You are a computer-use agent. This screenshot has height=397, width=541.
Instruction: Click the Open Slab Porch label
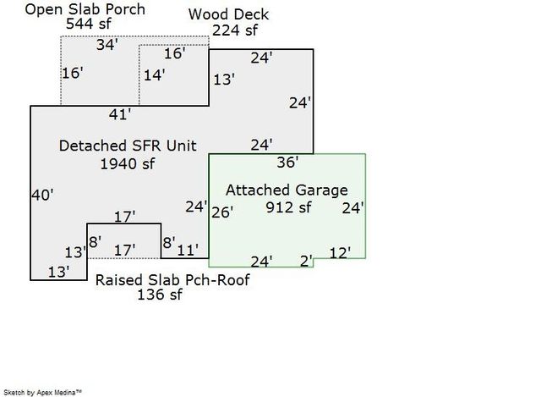[85, 9]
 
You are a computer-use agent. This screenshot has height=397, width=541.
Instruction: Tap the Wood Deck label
[228, 14]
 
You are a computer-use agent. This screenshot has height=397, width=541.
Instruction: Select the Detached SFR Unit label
[128, 146]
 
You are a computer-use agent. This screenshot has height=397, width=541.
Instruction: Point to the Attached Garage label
[287, 190]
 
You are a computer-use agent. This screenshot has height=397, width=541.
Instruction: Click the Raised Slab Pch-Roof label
[172, 280]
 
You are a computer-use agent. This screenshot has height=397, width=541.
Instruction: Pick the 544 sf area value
[89, 24]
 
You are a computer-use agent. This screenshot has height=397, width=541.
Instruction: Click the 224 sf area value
[235, 30]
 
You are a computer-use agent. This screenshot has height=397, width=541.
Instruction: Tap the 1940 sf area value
[128, 163]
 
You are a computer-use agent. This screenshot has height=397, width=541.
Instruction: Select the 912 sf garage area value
[288, 207]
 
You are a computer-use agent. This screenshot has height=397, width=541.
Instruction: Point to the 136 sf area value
[160, 295]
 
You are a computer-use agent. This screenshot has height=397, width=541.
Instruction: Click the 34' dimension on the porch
[107, 45]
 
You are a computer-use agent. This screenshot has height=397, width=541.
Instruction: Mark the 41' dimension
[120, 115]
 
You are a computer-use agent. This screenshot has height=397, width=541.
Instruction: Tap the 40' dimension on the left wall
[42, 196]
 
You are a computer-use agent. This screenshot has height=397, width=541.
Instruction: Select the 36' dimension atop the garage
[287, 163]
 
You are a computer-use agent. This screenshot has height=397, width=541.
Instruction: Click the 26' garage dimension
[222, 212]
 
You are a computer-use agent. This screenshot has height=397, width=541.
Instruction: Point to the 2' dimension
[306, 262]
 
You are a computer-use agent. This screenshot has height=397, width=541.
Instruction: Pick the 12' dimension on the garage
[340, 253]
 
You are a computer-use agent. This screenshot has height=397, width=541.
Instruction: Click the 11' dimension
[188, 251]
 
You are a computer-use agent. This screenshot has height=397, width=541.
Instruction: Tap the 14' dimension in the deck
[154, 75]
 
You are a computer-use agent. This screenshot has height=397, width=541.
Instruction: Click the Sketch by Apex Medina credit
[43, 393]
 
